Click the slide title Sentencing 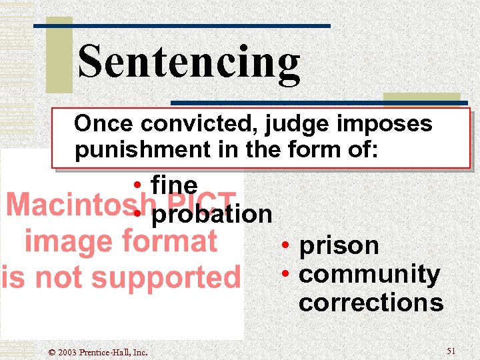point(189,62)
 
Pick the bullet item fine point(174,184)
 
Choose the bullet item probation point(212,214)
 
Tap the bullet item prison point(339,245)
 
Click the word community point(369,274)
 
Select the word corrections point(371,303)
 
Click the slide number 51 point(451,351)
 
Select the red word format point(174,240)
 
